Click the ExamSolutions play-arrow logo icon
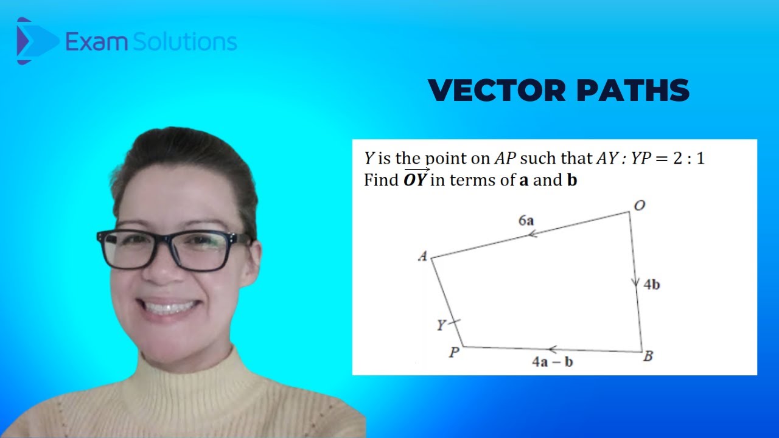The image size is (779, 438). click(33, 41)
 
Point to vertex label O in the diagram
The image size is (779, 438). click(639, 206)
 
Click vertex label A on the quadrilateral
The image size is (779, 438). click(422, 257)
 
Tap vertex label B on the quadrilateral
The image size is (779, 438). click(648, 356)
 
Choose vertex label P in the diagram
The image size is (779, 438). click(453, 352)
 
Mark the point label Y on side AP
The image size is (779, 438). click(441, 326)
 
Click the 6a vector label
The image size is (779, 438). click(526, 221)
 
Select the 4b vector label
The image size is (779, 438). click(651, 284)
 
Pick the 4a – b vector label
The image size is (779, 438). click(552, 362)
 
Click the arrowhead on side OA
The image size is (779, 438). click(532, 234)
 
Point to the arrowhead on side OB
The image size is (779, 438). click(635, 282)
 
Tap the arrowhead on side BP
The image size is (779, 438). click(553, 349)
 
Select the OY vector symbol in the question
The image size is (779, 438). click(416, 179)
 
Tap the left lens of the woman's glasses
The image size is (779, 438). click(129, 250)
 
